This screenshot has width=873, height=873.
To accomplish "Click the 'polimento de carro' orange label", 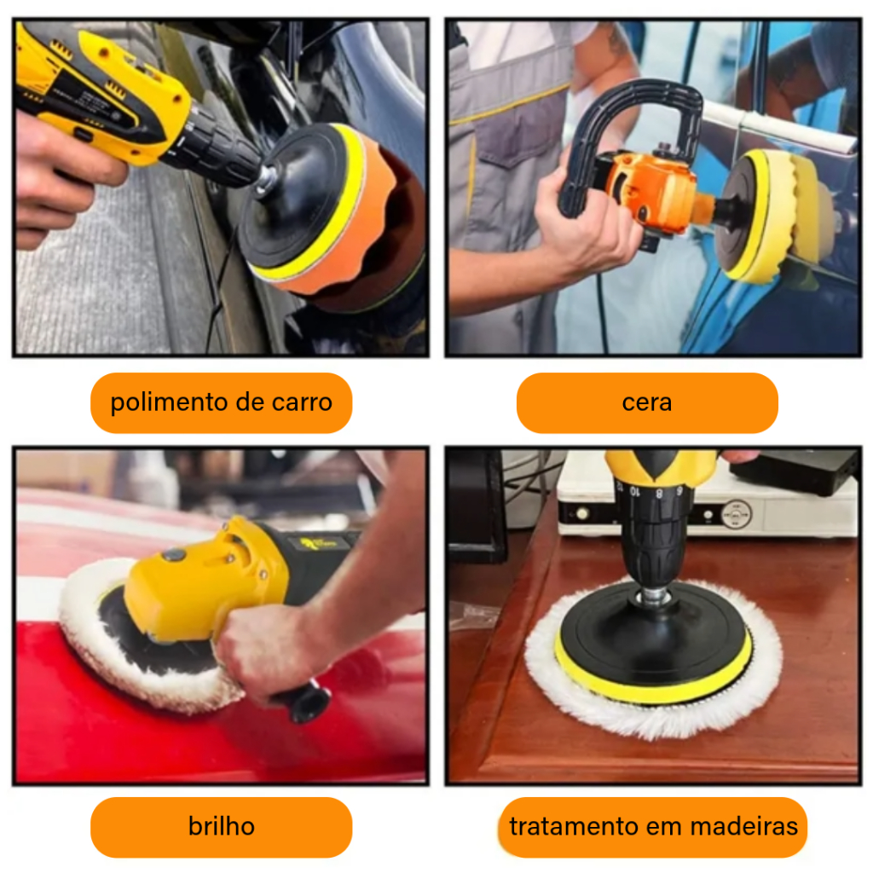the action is tap(221, 402).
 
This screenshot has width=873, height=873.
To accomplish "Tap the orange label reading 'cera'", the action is tap(647, 402).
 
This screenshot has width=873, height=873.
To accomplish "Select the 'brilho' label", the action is tap(221, 827).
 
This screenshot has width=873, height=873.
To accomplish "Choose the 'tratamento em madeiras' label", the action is tap(653, 827).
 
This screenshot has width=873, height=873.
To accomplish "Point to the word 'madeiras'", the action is tap(743, 826).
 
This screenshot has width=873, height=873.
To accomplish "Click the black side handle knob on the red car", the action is tap(304, 702).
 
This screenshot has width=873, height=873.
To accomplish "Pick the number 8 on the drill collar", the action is tap(659, 493).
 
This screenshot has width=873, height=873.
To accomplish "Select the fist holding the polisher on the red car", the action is tap(262, 651).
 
